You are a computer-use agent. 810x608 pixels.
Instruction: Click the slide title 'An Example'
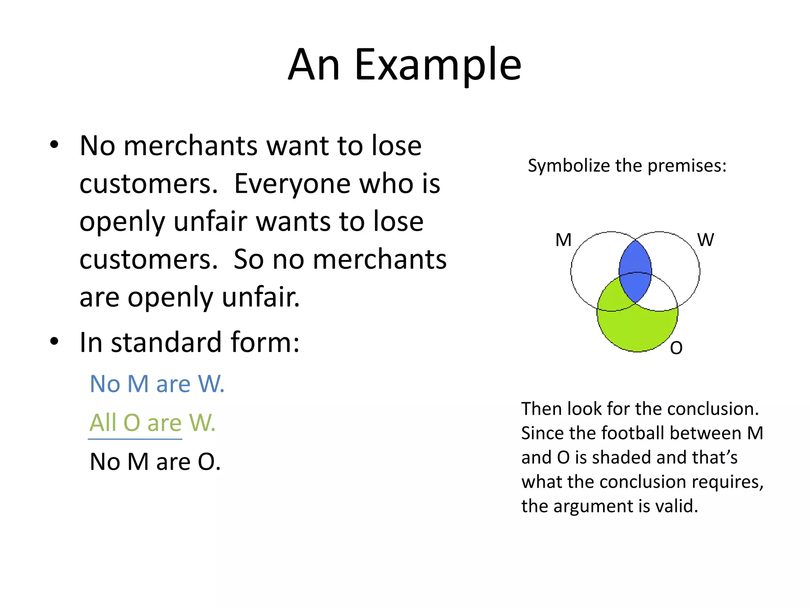(405, 65)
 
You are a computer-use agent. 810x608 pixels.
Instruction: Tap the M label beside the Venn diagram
(563, 240)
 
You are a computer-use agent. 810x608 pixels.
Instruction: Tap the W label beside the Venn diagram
(705, 240)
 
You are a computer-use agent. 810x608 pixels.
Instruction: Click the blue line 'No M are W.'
(157, 384)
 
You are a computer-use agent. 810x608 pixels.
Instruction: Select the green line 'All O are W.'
(152, 422)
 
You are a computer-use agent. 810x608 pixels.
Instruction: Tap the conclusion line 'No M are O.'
(155, 462)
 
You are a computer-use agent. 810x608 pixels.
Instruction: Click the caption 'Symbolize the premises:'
(627, 165)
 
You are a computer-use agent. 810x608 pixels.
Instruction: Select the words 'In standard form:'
(189, 342)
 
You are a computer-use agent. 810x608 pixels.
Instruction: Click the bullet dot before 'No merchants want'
(55, 145)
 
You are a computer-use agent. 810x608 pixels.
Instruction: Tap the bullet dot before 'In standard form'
(55, 341)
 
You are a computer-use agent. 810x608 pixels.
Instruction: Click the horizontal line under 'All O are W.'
(135, 439)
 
